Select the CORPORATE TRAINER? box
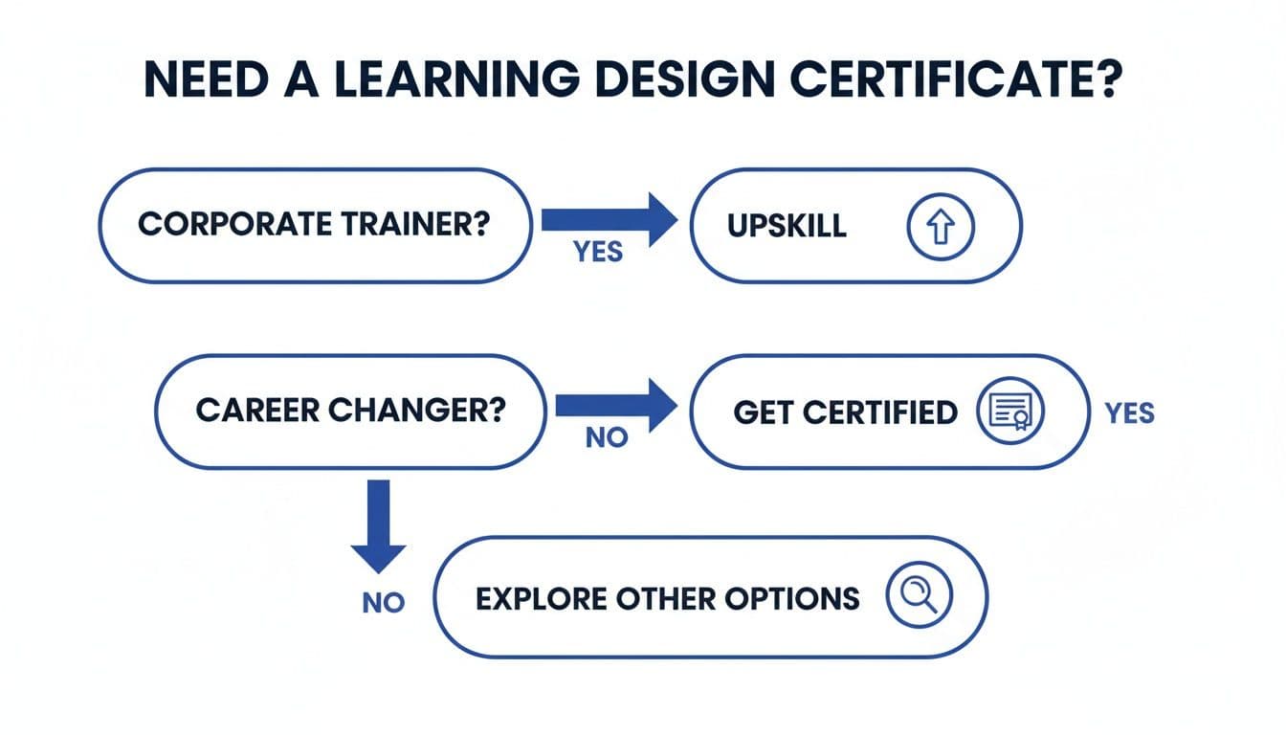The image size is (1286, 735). pos(315,226)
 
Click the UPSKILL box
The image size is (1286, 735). pos(855,226)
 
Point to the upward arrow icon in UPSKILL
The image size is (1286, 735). pos(939,226)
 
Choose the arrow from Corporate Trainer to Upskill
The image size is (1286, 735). pos(609,220)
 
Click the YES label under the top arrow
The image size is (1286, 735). pos(598,252)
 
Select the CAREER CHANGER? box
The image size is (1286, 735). pos(351,412)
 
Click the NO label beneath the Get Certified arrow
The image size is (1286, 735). pos(606,438)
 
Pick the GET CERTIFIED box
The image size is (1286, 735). pos(889,412)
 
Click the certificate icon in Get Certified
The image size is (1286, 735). pos(1009,412)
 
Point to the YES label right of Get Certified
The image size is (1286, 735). pos(1129,413)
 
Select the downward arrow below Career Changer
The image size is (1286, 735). pos(378,525)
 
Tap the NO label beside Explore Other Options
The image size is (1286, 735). pos(383,603)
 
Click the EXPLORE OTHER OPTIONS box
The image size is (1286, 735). pos(710,598)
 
